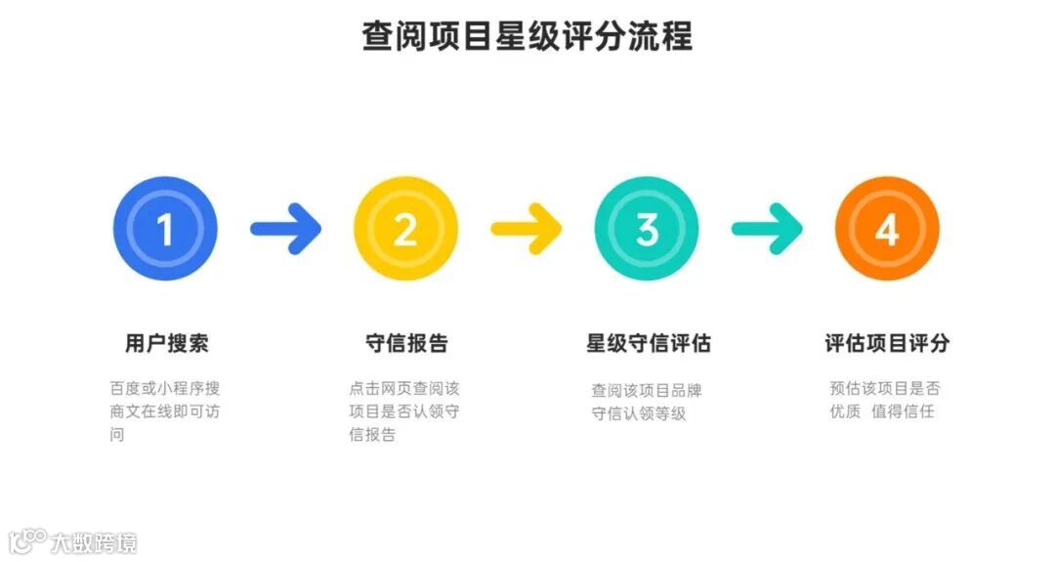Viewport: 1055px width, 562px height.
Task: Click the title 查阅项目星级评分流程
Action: pyautogui.click(x=527, y=37)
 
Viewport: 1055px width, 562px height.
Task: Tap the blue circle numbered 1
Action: pyautogui.click(x=165, y=230)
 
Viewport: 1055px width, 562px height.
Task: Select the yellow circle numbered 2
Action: pyautogui.click(x=405, y=230)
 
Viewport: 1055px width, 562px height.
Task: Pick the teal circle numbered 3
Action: pyautogui.click(x=647, y=230)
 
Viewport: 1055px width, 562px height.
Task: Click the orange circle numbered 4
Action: pyautogui.click(x=887, y=230)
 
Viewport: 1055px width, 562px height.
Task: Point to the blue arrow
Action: pyautogui.click(x=285, y=230)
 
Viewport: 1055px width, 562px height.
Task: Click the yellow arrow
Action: pyautogui.click(x=526, y=230)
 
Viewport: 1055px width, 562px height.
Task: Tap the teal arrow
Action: pyautogui.click(x=767, y=230)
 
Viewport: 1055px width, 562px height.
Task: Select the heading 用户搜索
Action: pyautogui.click(x=166, y=343)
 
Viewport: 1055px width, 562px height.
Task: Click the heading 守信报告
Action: pyautogui.click(x=406, y=343)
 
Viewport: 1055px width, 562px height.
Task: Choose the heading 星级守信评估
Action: pyautogui.click(x=648, y=343)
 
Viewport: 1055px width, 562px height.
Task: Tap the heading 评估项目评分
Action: pyautogui.click(x=887, y=343)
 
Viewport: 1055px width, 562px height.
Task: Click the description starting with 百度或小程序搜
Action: pyautogui.click(x=164, y=411)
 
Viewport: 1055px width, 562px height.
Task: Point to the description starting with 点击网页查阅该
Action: pyautogui.click(x=403, y=411)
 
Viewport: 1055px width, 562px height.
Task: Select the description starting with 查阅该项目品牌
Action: pyautogui.click(x=646, y=402)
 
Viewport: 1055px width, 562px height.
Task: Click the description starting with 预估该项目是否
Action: pyautogui.click(x=884, y=400)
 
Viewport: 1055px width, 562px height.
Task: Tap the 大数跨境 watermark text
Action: pyautogui.click(x=94, y=541)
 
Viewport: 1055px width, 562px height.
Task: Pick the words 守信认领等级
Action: pyautogui.click(x=639, y=413)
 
